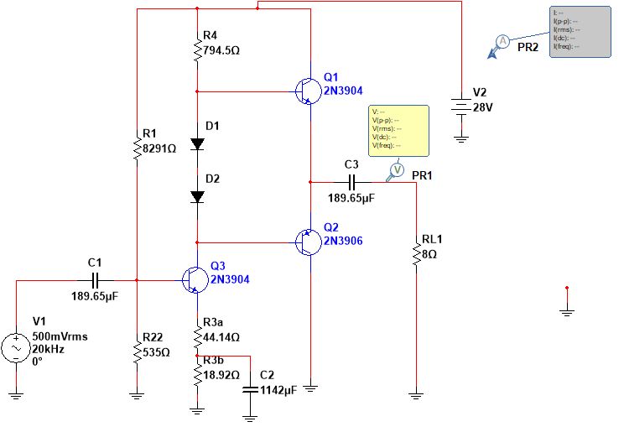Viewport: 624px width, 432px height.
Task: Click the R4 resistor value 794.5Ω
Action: pyautogui.click(x=222, y=49)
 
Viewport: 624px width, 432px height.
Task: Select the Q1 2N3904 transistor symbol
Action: pyautogui.click(x=307, y=91)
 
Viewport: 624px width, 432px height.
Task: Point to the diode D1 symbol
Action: pyautogui.click(x=197, y=143)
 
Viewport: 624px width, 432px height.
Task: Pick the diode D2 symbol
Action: pyautogui.click(x=197, y=196)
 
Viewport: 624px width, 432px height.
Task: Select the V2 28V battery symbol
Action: pyautogui.click(x=460, y=105)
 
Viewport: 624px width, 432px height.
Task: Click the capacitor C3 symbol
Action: pyautogui.click(x=352, y=181)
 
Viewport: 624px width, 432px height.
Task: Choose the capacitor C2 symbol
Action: pyautogui.click(x=249, y=389)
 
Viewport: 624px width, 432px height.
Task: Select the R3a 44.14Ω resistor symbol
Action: pyautogui.click(x=197, y=337)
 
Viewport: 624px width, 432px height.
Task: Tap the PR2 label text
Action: pyautogui.click(x=528, y=48)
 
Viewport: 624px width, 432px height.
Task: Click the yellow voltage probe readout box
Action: pyautogui.click(x=398, y=131)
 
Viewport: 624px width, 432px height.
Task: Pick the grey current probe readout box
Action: pyautogui.click(x=580, y=32)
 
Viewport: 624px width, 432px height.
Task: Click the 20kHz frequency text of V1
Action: pyautogui.click(x=48, y=347)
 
